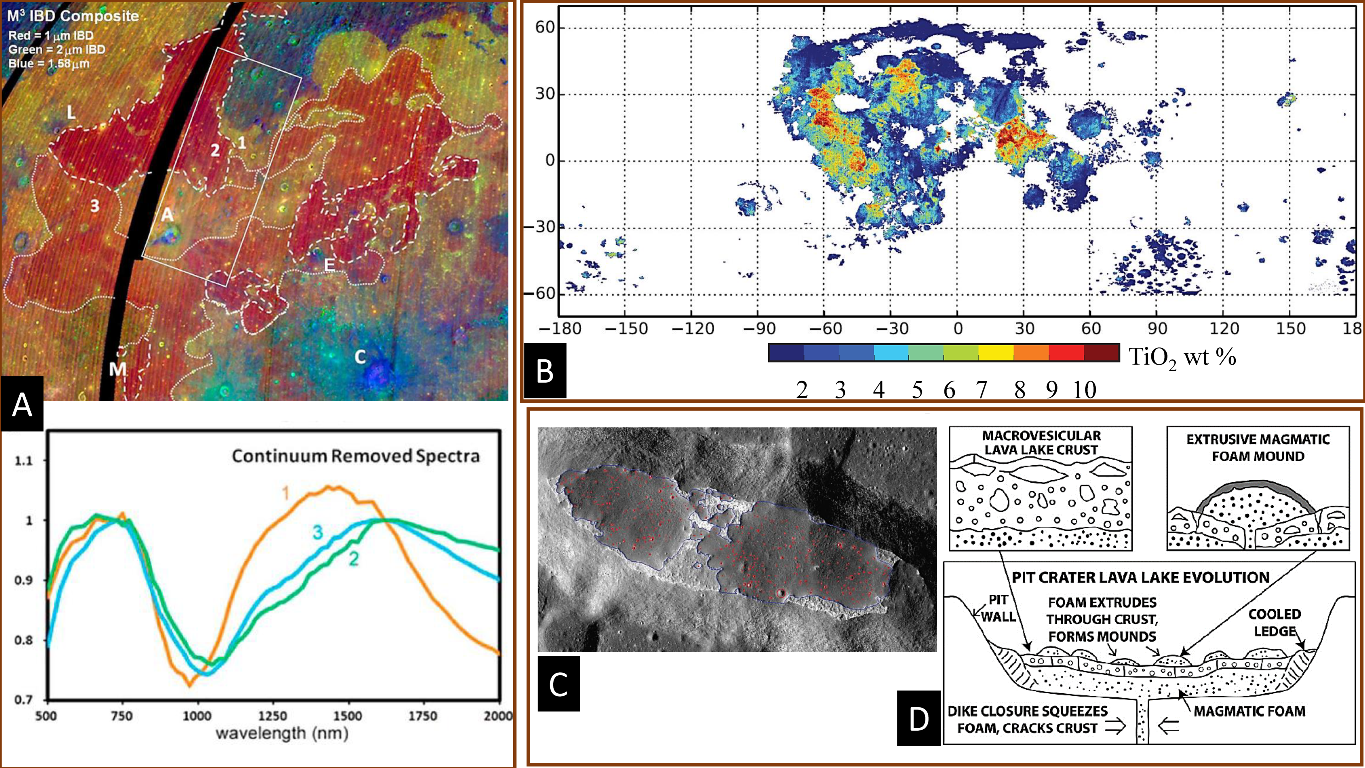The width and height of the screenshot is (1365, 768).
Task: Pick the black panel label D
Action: click(918, 718)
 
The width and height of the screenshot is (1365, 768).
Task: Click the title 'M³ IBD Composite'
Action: click(73, 16)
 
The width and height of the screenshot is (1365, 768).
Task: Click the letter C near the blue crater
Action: click(360, 357)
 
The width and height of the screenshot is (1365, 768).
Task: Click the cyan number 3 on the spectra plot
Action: click(317, 533)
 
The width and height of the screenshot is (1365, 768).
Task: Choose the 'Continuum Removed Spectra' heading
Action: click(356, 456)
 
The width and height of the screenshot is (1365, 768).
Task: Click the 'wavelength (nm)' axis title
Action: click(282, 734)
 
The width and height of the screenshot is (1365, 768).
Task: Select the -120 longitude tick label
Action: click(692, 329)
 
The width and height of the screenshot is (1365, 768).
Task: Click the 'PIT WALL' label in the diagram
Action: click(999, 608)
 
